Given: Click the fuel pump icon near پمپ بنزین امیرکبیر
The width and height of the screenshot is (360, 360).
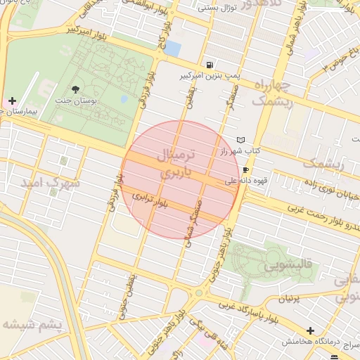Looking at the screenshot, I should point(211,63).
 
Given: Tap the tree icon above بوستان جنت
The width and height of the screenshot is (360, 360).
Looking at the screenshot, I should point(75,89).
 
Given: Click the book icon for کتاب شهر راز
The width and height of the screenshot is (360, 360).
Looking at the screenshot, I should point(242,140).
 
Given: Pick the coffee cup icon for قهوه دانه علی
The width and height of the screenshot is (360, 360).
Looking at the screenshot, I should point(245,170).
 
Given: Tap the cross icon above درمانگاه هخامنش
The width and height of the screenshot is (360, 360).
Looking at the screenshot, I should point(310,330).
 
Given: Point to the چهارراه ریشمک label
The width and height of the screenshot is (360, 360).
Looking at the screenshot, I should point(271,94).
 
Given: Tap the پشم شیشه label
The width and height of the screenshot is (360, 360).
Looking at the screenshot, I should point(32,324).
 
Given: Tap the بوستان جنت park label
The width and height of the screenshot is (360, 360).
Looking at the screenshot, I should point(75,102).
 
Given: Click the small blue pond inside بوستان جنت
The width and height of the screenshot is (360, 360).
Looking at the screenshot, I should point(124,99).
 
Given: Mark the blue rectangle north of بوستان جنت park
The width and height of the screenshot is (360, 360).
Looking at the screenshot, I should point(172,48).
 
